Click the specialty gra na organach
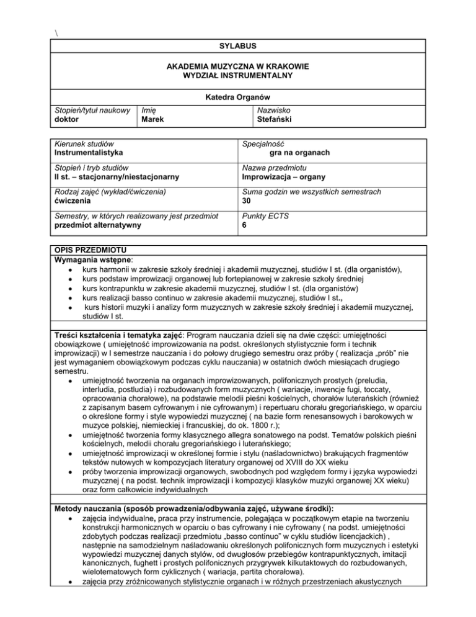point(299,153)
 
